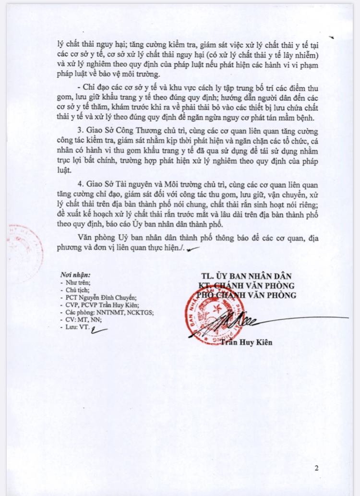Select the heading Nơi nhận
tap(75, 275)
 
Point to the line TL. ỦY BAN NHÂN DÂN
tap(247, 275)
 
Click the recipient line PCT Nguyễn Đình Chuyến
tap(99, 297)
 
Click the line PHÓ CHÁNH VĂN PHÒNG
tap(248, 295)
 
